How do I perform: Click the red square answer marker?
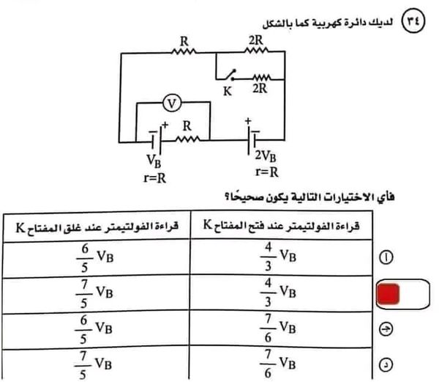pyautogui.click(x=387, y=294)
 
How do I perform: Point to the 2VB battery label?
pyautogui.click(x=266, y=156)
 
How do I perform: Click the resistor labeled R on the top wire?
pyautogui.click(x=183, y=52)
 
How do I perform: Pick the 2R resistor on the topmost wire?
pyautogui.click(x=257, y=52)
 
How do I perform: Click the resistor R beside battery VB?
pyautogui.click(x=187, y=137)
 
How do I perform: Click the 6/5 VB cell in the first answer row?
pyautogui.click(x=95, y=257)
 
